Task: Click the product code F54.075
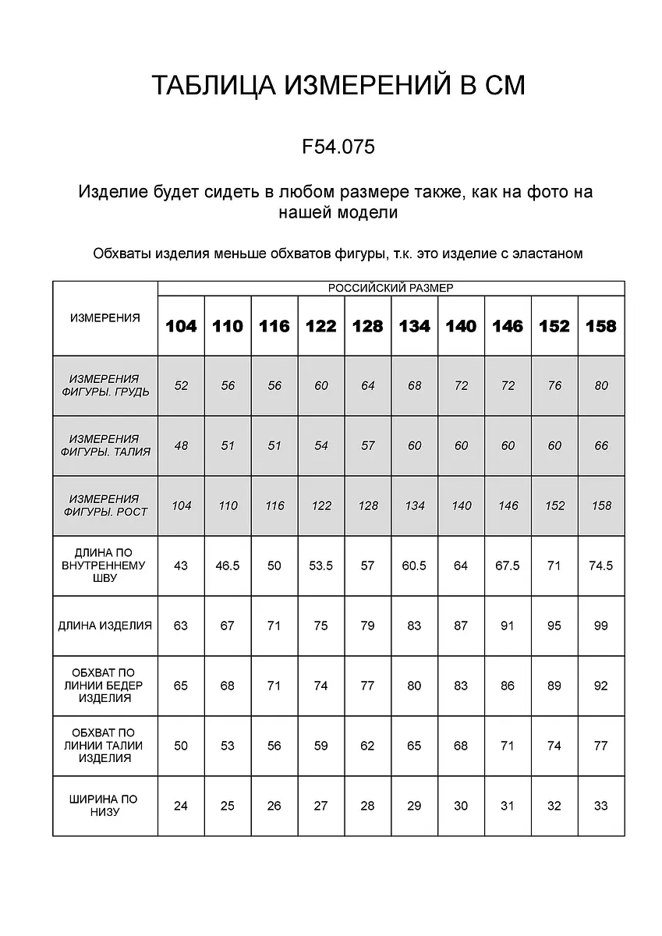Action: point(338,147)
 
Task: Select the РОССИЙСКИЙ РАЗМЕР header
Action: point(391,288)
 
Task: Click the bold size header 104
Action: point(181,326)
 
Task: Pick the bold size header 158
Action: point(600,326)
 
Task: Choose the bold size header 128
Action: point(367,326)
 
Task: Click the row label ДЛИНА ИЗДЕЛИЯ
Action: point(105,626)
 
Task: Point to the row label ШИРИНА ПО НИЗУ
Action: point(105,806)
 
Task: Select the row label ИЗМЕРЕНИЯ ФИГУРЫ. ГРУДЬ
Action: point(105,385)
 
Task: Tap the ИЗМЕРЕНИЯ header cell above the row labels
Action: point(105,318)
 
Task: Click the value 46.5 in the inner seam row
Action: point(227,565)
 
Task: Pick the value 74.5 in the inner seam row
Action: point(600,565)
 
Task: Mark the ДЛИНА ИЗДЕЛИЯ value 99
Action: point(600,626)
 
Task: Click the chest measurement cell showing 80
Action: point(600,385)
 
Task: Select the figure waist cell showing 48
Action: point(181,445)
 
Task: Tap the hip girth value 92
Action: point(600,686)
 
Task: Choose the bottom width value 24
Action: point(181,806)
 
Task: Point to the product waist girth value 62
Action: point(367,746)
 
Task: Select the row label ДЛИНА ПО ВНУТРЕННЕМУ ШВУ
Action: point(105,565)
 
